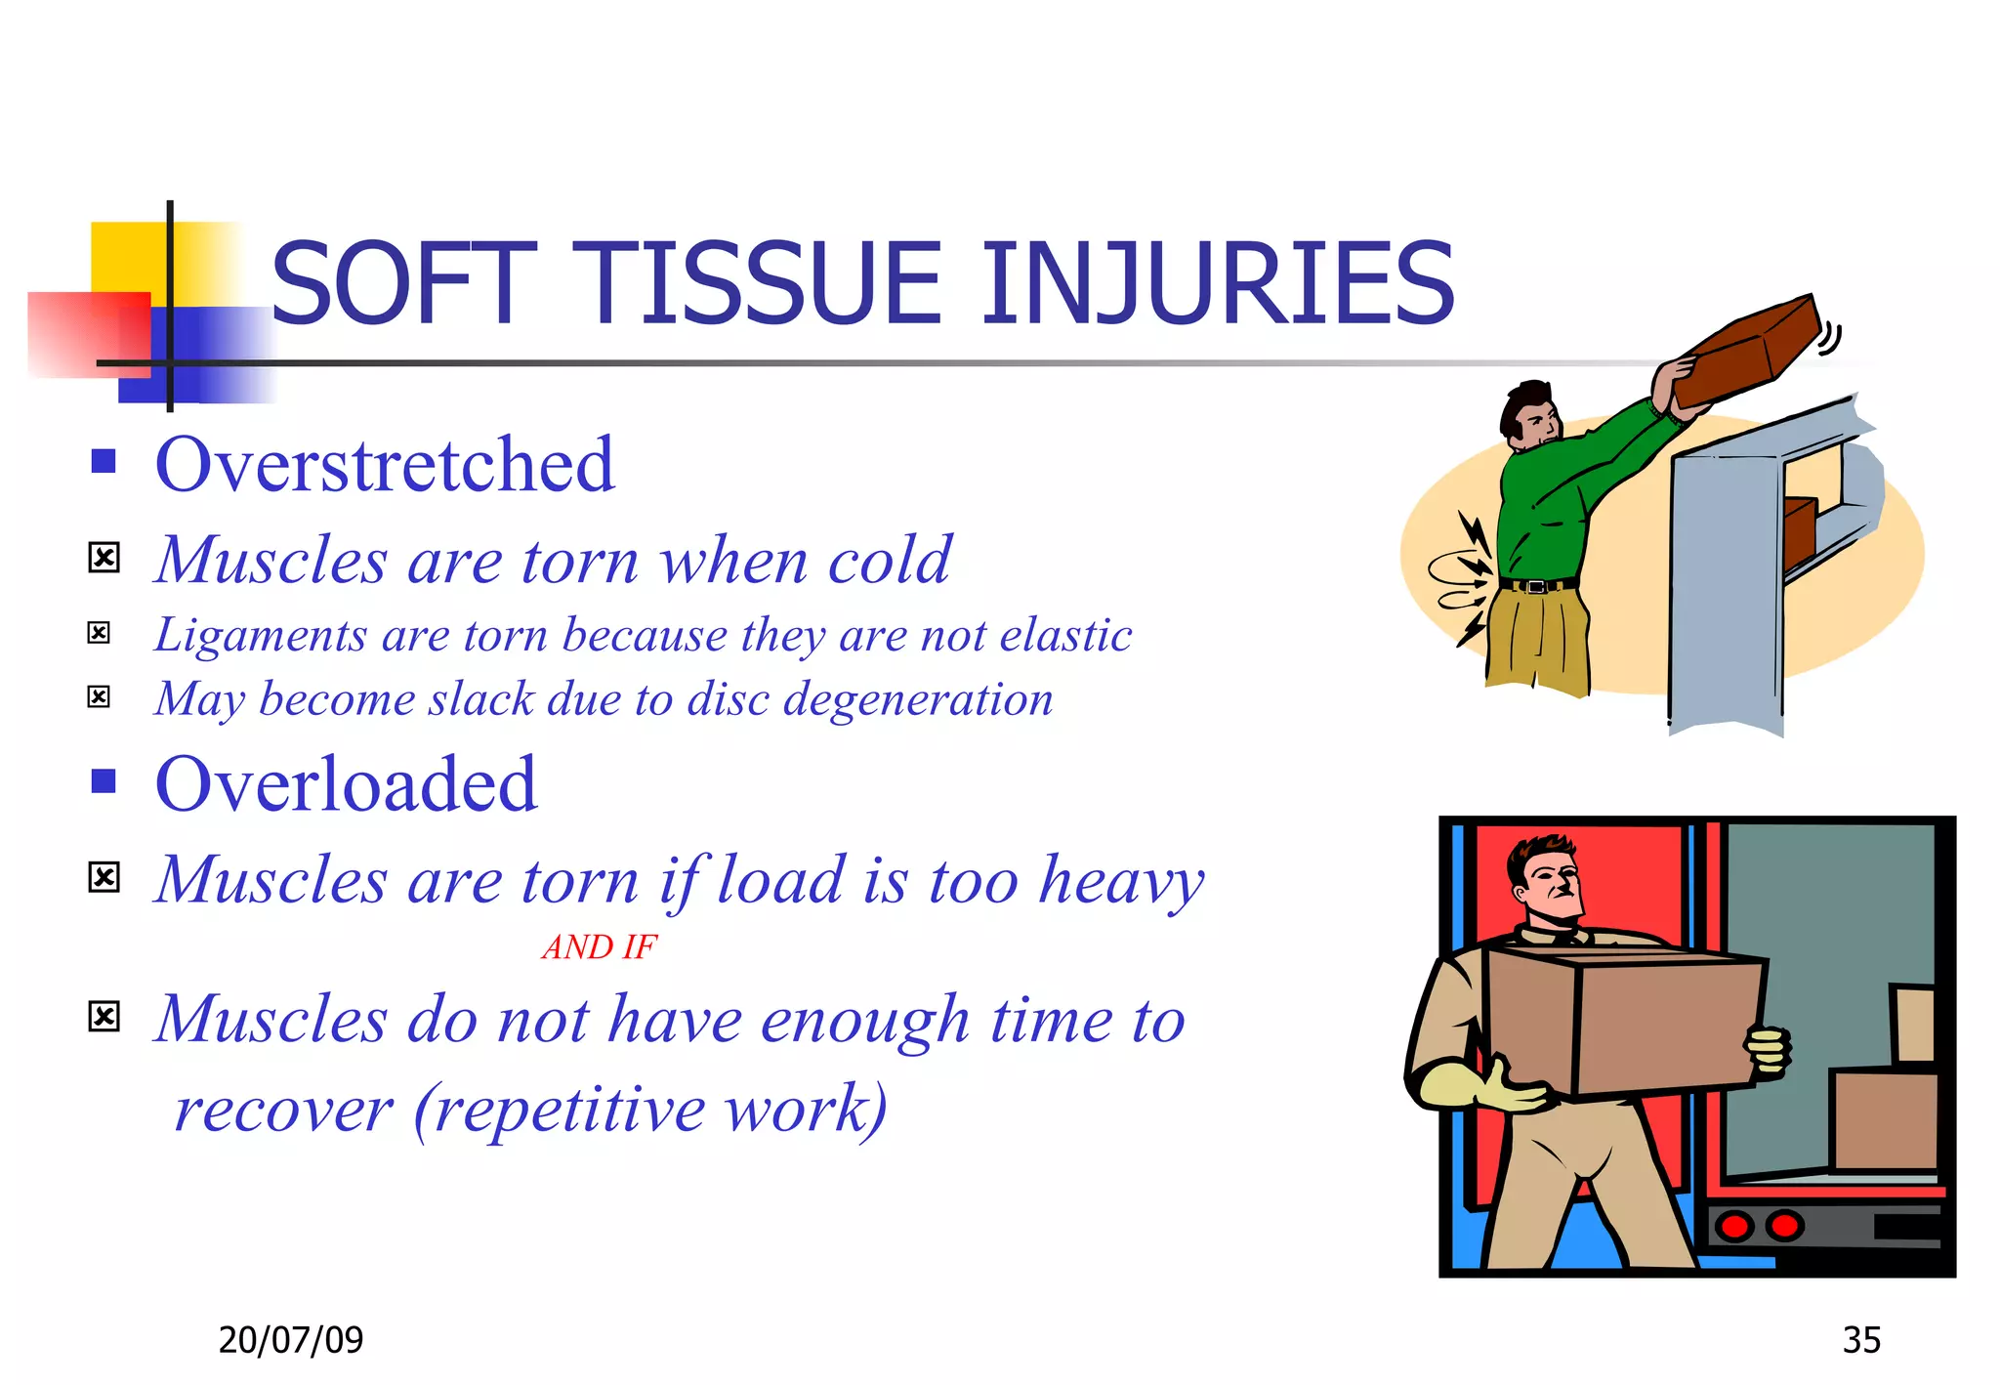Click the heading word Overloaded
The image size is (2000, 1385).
346,784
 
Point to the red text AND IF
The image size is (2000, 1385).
599,946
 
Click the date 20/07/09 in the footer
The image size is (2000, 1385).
290,1339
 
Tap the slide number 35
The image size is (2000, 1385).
1860,1339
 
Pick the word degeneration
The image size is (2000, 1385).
918,699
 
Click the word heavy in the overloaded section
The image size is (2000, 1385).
1121,880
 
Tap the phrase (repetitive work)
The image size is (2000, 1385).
650,1110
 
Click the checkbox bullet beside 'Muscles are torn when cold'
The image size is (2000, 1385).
104,558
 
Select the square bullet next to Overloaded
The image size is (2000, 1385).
104,781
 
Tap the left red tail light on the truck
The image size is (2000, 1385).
1734,1225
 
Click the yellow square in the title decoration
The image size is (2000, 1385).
127,256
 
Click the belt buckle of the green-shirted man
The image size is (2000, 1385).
1537,586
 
